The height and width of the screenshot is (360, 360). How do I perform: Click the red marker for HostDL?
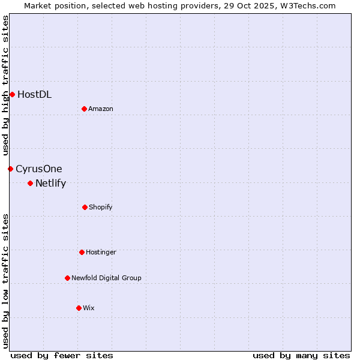(12, 94)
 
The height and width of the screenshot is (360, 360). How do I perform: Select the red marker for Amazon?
(84, 109)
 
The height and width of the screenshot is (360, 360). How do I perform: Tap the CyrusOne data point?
(10, 169)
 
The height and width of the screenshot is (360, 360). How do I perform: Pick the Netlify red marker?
(30, 183)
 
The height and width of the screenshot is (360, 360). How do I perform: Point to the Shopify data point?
(85, 207)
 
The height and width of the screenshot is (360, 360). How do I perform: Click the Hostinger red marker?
(82, 252)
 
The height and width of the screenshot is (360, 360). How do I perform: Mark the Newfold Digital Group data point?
(67, 278)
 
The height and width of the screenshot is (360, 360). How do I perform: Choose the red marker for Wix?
(79, 308)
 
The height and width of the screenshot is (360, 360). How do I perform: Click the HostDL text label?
(34, 94)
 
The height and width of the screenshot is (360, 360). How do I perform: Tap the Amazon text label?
(101, 109)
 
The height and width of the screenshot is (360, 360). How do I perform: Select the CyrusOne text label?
(39, 169)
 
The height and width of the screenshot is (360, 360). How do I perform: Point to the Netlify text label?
(50, 183)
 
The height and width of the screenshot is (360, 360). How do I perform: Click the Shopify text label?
(101, 207)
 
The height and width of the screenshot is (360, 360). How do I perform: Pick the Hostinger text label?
(101, 252)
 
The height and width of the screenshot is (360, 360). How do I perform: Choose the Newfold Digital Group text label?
(106, 278)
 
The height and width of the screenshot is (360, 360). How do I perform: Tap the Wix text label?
(89, 308)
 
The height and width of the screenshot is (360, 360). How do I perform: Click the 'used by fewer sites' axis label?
(62, 355)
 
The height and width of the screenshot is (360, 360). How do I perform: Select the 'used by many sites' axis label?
(301, 355)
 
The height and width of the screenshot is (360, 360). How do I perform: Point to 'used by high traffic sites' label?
(5, 85)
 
